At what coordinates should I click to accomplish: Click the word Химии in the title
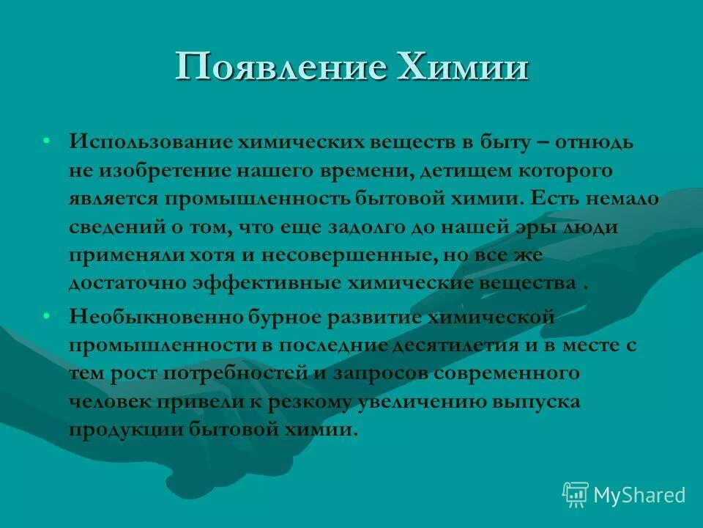tap(461, 67)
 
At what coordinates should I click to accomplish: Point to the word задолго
tap(365, 227)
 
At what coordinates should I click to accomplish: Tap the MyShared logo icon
tap(575, 494)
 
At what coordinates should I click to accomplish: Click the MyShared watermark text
tap(639, 495)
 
